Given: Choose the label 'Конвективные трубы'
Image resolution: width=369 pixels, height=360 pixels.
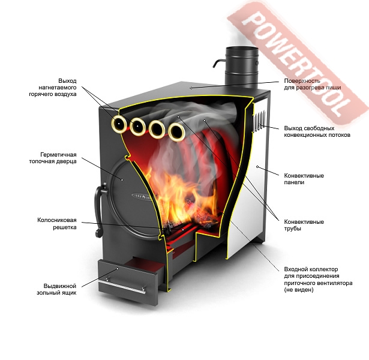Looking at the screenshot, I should click(304, 224).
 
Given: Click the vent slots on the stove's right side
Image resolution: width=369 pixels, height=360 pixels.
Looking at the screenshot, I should click(259, 120).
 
